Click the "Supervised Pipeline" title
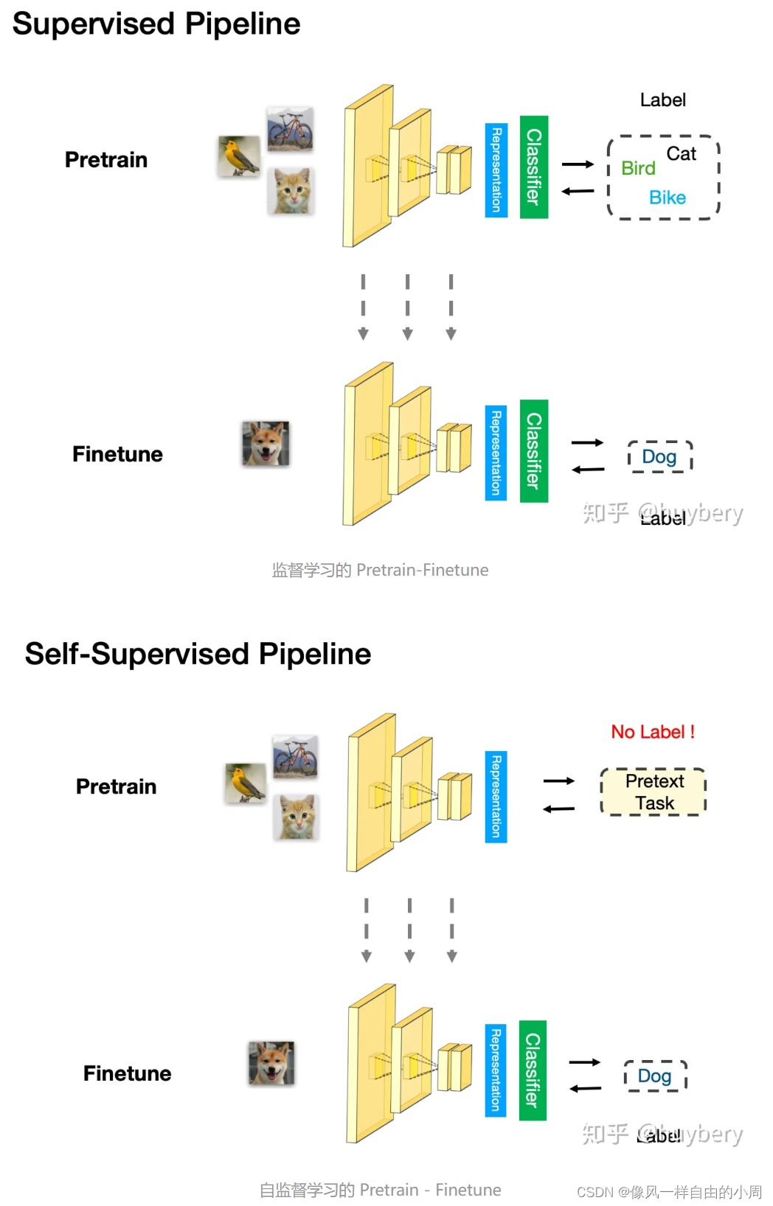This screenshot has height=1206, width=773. [x=156, y=24]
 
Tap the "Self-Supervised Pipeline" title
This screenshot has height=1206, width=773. [x=198, y=654]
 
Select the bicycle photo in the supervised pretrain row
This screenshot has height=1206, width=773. [x=290, y=129]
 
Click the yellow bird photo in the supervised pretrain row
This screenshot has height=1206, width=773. [x=239, y=156]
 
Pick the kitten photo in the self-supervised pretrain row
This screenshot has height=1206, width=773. [x=297, y=817]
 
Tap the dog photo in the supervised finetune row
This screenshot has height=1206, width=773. [x=266, y=444]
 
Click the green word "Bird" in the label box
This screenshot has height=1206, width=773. [x=638, y=169]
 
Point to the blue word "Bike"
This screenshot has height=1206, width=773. [x=668, y=198]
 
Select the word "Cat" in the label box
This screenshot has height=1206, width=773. [x=681, y=154]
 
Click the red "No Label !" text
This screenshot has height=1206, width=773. [x=653, y=732]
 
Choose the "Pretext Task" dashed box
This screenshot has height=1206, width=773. [x=654, y=792]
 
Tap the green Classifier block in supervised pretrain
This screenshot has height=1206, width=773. [x=533, y=167]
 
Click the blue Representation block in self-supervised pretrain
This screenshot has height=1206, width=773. [x=496, y=797]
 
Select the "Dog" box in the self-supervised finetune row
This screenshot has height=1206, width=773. [x=655, y=1076]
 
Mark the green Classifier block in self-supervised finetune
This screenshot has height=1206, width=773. [x=533, y=1070]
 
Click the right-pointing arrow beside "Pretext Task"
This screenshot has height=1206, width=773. [x=559, y=781]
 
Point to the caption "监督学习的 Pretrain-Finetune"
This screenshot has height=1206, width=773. [x=380, y=570]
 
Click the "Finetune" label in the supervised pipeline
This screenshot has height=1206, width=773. [x=117, y=454]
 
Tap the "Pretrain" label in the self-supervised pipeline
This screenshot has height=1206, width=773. [x=116, y=787]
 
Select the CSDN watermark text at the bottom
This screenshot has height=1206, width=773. [x=668, y=1192]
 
